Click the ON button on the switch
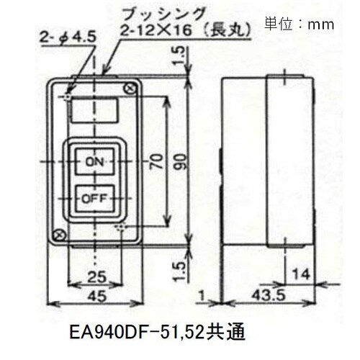(95, 163)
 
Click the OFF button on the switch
(95, 195)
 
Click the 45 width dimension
(95, 297)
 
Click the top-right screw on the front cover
(130, 88)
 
